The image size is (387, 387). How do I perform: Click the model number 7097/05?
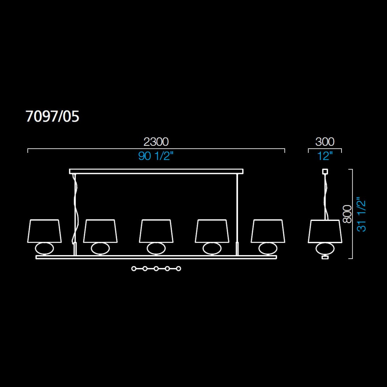52,117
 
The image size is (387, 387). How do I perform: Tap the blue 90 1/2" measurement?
156,157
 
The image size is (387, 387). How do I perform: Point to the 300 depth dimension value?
325,142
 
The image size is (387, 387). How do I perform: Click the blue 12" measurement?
325,157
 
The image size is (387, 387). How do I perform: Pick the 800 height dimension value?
347,214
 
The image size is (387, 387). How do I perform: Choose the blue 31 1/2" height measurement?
361,214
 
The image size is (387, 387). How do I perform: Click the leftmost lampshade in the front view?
45,231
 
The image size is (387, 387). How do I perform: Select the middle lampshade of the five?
156,231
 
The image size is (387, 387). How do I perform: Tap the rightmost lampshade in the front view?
268,231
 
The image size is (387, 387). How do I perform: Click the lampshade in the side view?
325,231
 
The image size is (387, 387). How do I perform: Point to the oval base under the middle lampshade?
156,248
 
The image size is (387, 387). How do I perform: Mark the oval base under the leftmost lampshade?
45,248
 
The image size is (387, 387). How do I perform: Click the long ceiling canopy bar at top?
156,171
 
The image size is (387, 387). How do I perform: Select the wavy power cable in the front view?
75,206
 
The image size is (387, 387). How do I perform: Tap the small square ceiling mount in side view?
325,171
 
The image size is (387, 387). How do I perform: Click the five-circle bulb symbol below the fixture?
156,268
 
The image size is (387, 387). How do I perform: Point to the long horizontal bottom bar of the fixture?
156,257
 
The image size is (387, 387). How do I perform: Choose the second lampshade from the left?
100,231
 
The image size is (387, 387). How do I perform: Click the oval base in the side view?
325,248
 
